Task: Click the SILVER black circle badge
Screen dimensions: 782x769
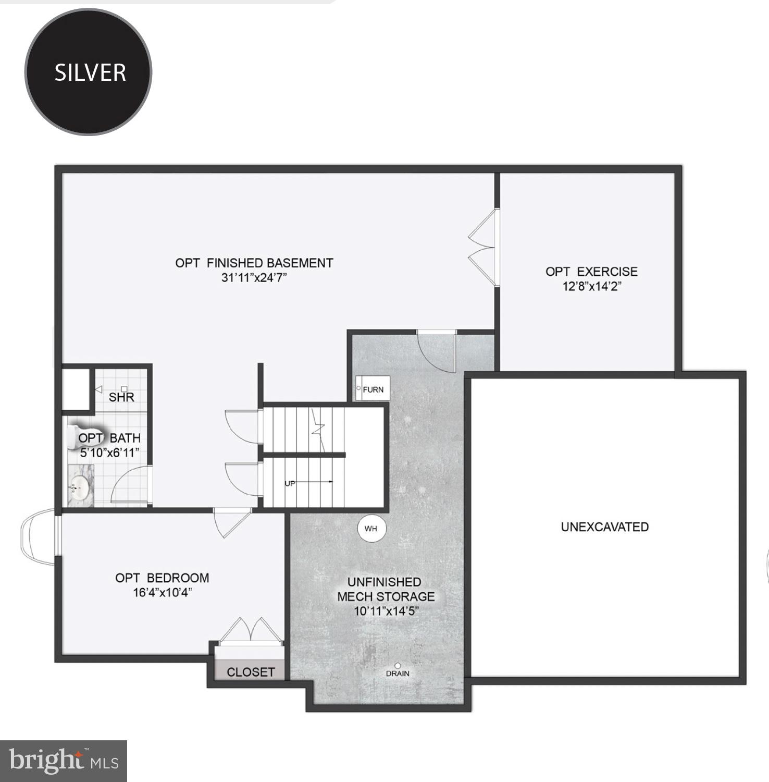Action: click(x=89, y=72)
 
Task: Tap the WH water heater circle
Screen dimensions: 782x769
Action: click(x=371, y=529)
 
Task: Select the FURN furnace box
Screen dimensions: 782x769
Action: click(x=373, y=389)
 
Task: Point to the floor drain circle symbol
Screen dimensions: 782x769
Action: click(x=398, y=666)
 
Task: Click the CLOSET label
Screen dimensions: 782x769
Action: click(x=251, y=672)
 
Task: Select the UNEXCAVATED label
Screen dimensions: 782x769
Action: click(x=604, y=527)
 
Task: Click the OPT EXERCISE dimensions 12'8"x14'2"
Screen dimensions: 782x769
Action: click(x=592, y=286)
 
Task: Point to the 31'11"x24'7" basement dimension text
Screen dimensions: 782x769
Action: click(x=254, y=278)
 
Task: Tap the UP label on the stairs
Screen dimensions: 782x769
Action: click(x=290, y=483)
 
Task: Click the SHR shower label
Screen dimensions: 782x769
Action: click(x=121, y=397)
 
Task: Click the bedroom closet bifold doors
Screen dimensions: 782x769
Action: click(x=251, y=631)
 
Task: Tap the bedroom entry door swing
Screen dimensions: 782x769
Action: click(x=231, y=522)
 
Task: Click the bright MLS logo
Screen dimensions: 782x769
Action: click(x=64, y=761)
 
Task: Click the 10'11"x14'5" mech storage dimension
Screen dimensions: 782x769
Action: click(x=386, y=611)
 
